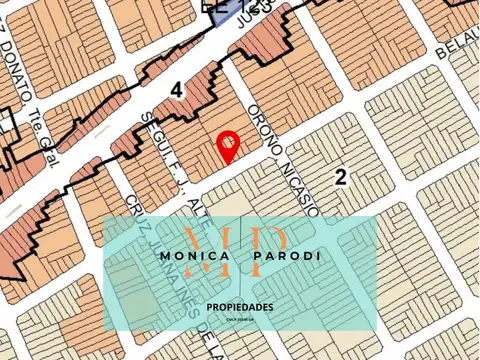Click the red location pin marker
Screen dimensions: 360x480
[228, 145]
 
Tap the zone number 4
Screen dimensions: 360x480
[177, 90]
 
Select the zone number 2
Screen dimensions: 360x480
[341, 178]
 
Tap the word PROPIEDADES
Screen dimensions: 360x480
[240, 307]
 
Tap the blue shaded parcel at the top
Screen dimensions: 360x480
[222, 10]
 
